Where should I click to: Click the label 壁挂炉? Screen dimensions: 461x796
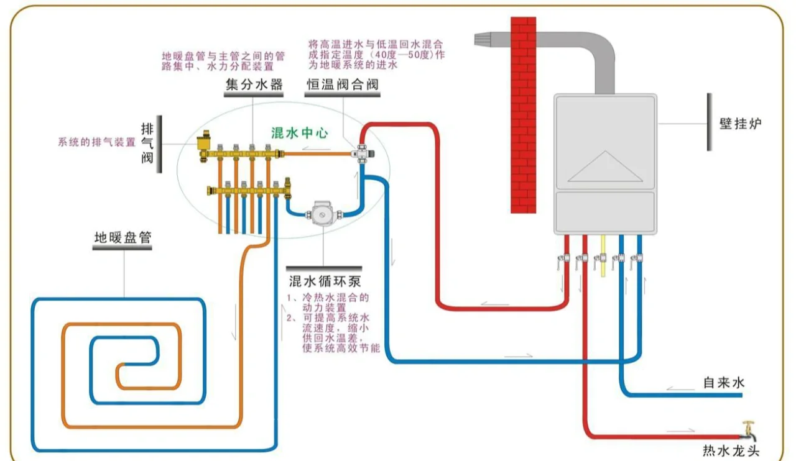click(740, 124)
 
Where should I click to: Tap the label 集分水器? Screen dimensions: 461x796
click(254, 84)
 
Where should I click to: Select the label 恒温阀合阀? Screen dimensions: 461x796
click(342, 84)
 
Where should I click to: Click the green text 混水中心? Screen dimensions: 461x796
click(300, 133)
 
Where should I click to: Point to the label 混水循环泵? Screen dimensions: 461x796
click(325, 281)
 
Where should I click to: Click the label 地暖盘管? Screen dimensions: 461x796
click(123, 237)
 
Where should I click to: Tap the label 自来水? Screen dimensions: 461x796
click(723, 382)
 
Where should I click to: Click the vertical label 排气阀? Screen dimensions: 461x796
click(147, 143)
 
